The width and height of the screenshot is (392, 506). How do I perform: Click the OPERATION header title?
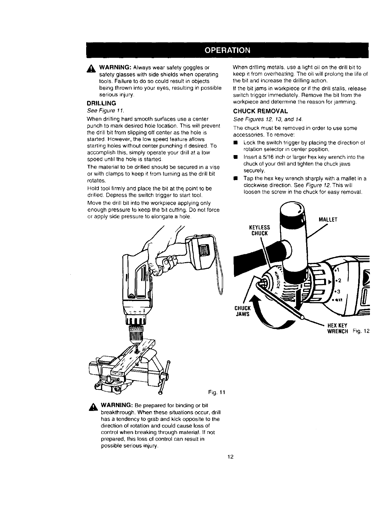pyautogui.click(x=227, y=50)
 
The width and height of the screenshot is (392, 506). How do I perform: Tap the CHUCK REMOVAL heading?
pyautogui.click(x=260, y=111)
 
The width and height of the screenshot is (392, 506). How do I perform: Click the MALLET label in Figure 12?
pyautogui.click(x=328, y=220)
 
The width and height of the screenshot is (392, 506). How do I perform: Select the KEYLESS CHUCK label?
pyautogui.click(x=259, y=230)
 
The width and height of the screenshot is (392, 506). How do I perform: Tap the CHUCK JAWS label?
pyautogui.click(x=242, y=311)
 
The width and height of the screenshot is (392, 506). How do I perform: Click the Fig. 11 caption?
pyautogui.click(x=216, y=392)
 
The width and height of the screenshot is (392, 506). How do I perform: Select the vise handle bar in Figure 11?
pyautogui.click(x=165, y=377)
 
